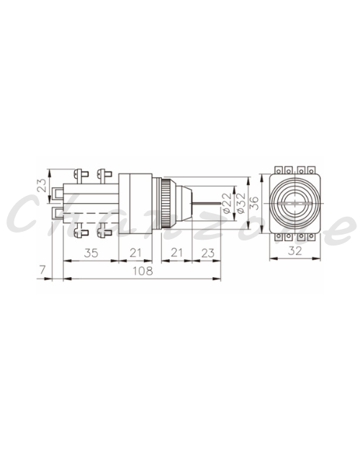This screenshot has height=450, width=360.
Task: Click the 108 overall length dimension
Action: click(143, 271)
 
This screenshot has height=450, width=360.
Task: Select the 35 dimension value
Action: click(91, 253)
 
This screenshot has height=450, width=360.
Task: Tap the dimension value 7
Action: click(42, 270)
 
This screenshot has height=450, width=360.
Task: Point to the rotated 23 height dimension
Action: click(42, 185)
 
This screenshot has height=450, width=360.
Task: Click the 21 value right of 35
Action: click(135, 253)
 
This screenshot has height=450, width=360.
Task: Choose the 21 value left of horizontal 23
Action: click(176, 253)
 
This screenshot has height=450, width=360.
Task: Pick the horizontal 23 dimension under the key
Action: click(208, 253)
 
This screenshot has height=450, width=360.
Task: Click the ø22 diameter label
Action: click(227, 203)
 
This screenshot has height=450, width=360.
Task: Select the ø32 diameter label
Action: click(241, 203)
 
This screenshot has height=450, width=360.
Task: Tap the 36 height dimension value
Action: click(255, 203)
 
